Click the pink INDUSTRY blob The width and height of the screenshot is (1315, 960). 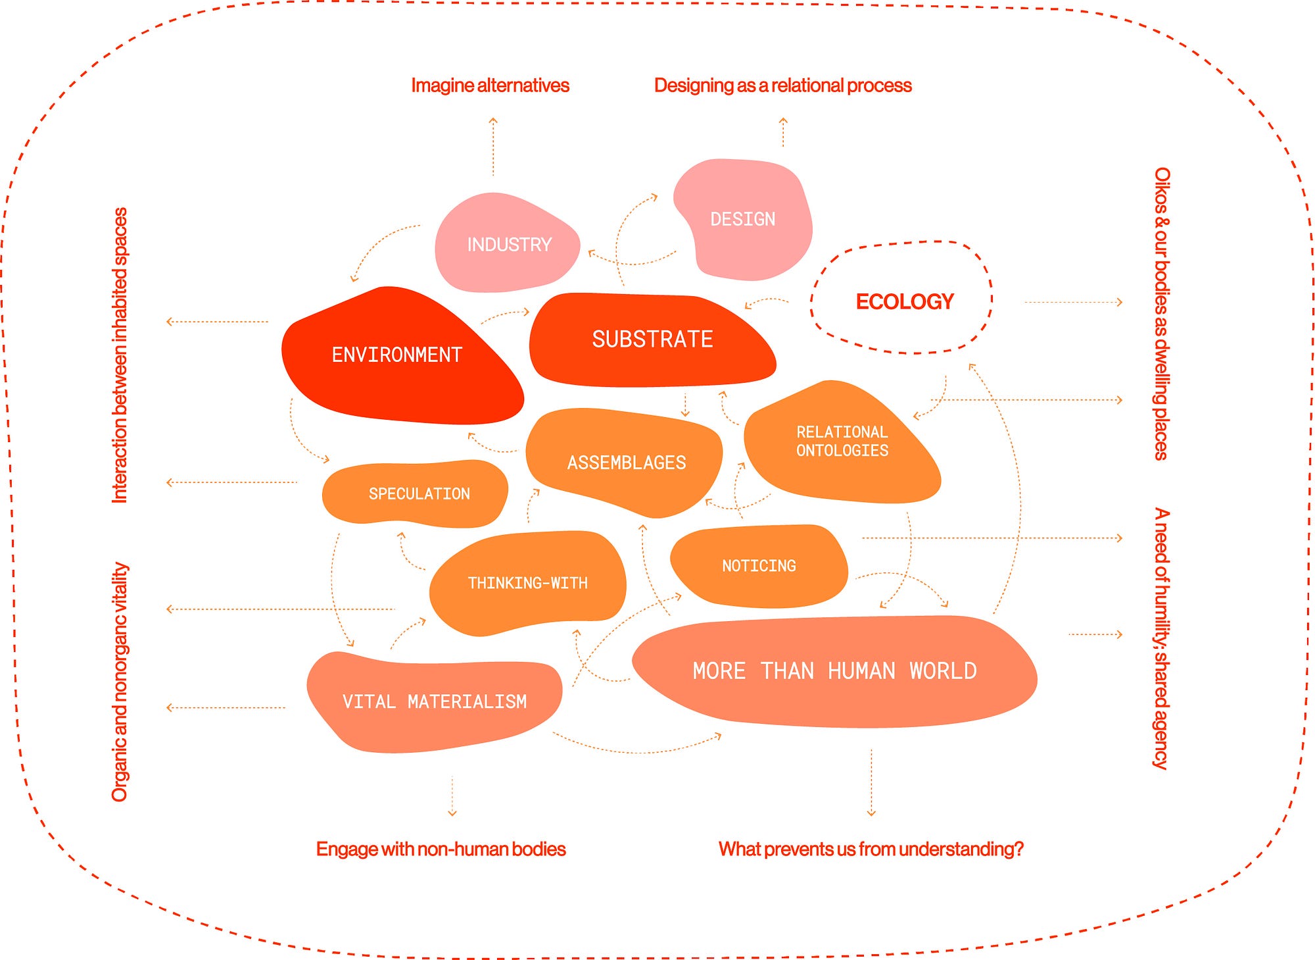coord(508,244)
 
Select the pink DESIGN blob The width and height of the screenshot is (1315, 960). coord(743,219)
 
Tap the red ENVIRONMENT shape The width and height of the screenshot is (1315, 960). coord(396,355)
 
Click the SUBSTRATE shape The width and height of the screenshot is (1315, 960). coord(652,340)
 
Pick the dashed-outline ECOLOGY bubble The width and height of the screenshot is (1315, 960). coord(904,301)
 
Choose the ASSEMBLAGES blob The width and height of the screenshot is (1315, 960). coord(626,463)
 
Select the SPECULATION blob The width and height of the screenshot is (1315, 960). coord(419,493)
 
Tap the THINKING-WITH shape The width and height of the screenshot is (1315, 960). coord(527,583)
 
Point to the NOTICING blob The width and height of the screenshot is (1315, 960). coord(759,566)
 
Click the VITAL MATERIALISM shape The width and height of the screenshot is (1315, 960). coord(434,702)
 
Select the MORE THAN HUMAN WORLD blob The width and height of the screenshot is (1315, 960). coord(834,671)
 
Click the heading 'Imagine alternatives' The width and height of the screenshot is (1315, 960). coord(490,86)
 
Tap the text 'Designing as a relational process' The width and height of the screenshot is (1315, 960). coord(782,86)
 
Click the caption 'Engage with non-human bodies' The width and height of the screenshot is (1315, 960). coord(441,849)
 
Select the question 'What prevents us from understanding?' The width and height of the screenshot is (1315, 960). coord(871,849)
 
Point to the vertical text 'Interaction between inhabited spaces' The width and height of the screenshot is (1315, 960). coord(120,355)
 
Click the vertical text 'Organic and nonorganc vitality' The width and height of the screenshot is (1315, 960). coord(120,682)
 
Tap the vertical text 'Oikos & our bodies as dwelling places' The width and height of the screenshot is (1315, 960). coord(1162,313)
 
